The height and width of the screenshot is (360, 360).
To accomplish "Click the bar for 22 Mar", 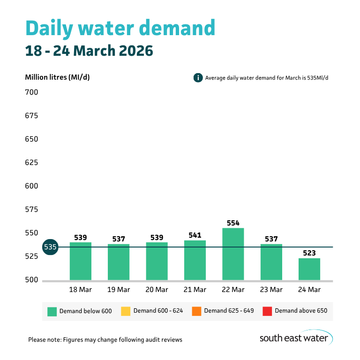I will click(x=233, y=254).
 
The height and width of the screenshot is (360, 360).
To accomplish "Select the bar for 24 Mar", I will click(x=309, y=269).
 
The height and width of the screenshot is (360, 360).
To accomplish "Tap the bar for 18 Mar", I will click(x=81, y=261).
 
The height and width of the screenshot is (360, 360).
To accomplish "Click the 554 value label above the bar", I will click(x=233, y=223).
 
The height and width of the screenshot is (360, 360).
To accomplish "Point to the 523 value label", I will click(x=309, y=253).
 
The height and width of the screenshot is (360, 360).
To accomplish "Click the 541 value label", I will click(x=195, y=235).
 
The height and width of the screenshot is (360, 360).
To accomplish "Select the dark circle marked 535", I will click(x=50, y=247).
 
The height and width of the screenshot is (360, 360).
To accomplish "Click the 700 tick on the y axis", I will click(x=31, y=92).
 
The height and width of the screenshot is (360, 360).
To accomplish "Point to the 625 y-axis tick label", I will click(x=31, y=163).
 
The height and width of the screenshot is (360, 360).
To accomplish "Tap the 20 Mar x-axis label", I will click(x=157, y=290).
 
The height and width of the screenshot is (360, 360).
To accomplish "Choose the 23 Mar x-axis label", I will click(x=271, y=290).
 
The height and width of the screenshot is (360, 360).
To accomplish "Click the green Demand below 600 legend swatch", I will click(x=52, y=311).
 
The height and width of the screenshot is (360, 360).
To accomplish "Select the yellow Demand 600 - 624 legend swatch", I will click(x=126, y=311).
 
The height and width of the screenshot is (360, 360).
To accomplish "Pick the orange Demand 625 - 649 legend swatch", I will click(x=196, y=311).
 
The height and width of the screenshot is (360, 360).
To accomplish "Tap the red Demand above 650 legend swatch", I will click(x=267, y=311).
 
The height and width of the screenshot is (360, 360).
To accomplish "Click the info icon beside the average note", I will click(x=198, y=78).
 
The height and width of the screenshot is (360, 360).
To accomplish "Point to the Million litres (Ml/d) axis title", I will click(x=57, y=77).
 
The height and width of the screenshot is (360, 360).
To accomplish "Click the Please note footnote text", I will click(x=105, y=339).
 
